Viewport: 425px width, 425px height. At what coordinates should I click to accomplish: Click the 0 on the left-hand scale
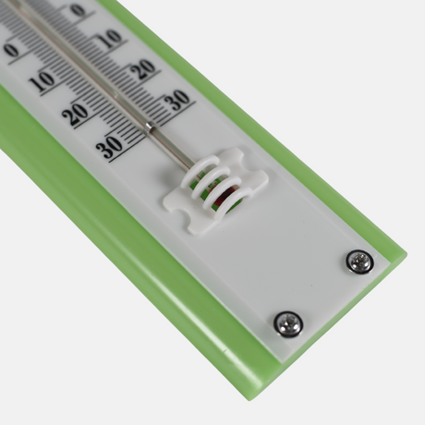click(12, 51)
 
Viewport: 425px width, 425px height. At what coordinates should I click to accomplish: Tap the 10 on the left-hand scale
click(42, 81)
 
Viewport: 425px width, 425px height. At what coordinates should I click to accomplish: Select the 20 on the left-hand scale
click(75, 115)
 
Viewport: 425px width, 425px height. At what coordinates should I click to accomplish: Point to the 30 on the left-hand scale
click(109, 147)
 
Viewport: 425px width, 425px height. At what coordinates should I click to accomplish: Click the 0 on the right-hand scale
click(78, 10)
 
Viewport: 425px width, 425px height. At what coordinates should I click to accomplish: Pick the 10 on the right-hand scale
click(111, 39)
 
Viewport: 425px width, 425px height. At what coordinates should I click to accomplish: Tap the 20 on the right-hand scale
click(145, 68)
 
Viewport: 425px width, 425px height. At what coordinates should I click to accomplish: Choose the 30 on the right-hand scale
click(178, 100)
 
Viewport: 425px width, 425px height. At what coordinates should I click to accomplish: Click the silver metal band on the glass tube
click(150, 127)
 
